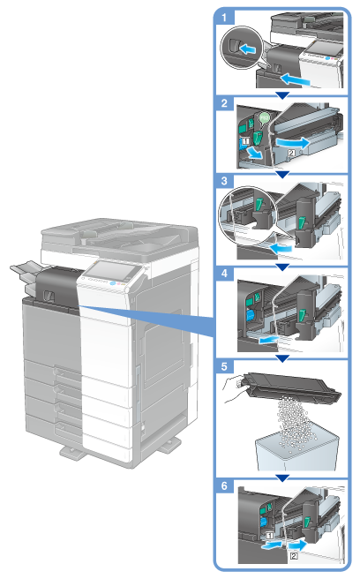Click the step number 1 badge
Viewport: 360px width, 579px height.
click(x=224, y=18)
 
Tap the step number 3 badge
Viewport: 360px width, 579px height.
click(x=224, y=181)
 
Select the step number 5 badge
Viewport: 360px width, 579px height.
click(x=224, y=366)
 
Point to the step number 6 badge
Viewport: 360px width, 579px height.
click(x=224, y=485)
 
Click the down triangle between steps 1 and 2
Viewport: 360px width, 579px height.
click(x=282, y=95)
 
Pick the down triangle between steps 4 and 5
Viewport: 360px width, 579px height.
click(x=282, y=358)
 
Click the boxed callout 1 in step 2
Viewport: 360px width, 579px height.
click(x=246, y=140)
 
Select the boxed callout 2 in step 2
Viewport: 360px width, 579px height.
click(x=291, y=152)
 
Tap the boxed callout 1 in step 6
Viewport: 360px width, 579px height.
click(x=270, y=535)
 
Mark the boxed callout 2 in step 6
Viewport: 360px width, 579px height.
click(x=294, y=555)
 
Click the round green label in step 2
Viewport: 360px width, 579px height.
click(x=264, y=117)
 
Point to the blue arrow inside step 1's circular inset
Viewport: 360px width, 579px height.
click(x=247, y=49)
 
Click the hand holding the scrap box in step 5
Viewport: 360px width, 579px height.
click(x=234, y=391)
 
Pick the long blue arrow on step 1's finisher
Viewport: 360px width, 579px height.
click(x=295, y=79)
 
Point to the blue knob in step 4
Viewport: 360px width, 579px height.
click(x=250, y=315)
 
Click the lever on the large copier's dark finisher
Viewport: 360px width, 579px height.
click(x=49, y=295)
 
